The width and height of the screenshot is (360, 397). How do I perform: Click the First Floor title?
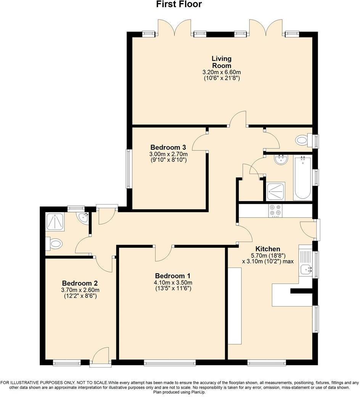click(179, 5)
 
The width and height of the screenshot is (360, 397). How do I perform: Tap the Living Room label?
click(222, 62)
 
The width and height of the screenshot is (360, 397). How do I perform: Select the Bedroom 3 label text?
click(168, 147)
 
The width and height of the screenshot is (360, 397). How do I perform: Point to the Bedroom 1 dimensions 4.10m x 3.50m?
click(173, 282)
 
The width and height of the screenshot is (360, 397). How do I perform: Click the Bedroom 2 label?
click(80, 283)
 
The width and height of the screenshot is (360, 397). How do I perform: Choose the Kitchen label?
click(268, 249)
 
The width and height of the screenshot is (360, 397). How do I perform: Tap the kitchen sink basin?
click(306, 270)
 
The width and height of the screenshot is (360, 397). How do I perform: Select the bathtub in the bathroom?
click(302, 178)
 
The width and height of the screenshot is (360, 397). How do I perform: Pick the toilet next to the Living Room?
click(302, 140)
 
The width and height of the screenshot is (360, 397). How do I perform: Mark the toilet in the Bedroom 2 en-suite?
click(54, 244)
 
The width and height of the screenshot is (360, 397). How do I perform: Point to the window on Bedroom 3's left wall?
click(129, 169)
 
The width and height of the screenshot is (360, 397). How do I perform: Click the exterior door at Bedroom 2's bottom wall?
click(101, 357)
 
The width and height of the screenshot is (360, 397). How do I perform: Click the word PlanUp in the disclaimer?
click(197, 392)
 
